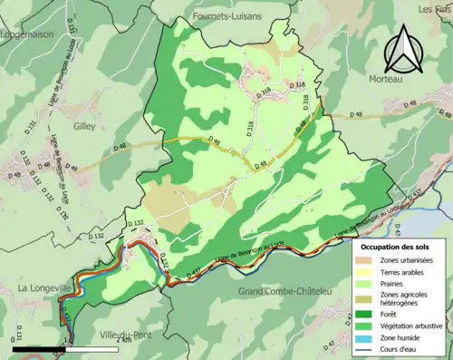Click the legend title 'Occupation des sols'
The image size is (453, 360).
pyautogui.click(x=395, y=247)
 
